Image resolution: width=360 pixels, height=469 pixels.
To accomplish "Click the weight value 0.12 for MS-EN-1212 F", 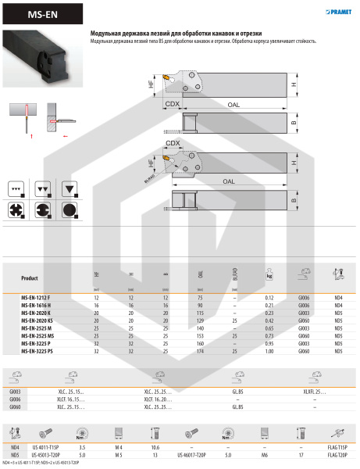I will (269, 298).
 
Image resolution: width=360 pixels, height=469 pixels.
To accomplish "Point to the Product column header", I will (30, 277).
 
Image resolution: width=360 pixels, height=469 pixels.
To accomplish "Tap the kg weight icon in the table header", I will (269, 276).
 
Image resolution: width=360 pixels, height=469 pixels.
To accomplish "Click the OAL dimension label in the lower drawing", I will (228, 181).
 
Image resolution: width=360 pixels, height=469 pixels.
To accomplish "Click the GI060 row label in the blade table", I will (15, 407).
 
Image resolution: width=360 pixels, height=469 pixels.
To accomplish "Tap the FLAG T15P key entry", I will (336, 445).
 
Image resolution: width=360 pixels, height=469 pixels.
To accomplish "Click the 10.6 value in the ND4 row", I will (155, 445).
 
